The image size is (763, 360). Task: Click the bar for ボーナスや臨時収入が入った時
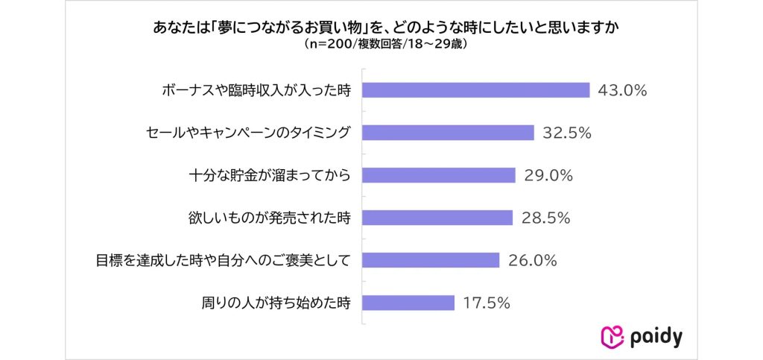point(476,90)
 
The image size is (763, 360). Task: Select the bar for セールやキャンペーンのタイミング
point(448,133)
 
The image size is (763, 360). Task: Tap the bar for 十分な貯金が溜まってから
point(439,175)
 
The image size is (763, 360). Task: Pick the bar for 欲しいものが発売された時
point(437,218)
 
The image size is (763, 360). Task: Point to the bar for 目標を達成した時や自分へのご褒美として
point(431,260)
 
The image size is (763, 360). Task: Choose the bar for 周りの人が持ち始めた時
point(408,303)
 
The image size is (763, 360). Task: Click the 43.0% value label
point(621,90)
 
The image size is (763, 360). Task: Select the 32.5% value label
point(565,133)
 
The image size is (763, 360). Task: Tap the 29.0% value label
point(546,175)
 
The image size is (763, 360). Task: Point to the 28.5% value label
point(545,218)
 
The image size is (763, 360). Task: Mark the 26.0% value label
point(531,260)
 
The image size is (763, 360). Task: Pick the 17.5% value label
point(485,303)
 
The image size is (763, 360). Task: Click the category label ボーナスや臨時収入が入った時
point(256,90)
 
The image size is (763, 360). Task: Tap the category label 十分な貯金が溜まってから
point(269,175)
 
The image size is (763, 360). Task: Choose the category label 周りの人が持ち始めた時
point(275,303)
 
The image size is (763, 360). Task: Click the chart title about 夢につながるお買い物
point(381,28)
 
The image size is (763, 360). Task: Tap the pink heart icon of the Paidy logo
point(612,337)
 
